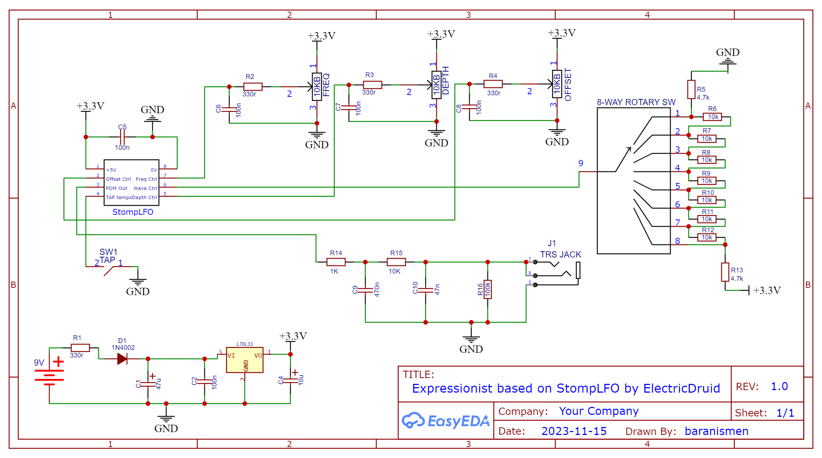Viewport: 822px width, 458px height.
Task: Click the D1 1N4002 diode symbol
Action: pyautogui.click(x=122, y=359)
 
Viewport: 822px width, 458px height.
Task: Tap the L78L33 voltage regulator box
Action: pyautogui.click(x=244, y=360)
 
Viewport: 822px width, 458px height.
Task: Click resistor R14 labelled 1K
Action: pyautogui.click(x=336, y=262)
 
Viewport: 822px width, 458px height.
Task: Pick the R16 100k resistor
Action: pyautogui.click(x=488, y=289)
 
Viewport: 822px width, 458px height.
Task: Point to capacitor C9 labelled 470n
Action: pyautogui.click(x=365, y=290)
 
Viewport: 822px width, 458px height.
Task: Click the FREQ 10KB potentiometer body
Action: pyautogui.click(x=316, y=87)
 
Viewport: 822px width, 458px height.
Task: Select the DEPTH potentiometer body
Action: pyautogui.click(x=436, y=85)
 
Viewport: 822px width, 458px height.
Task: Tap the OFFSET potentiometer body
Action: pyautogui.click(x=557, y=84)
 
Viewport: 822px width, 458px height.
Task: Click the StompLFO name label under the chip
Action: pyautogui.click(x=133, y=212)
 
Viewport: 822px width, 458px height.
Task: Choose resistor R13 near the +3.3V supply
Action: pyautogui.click(x=725, y=272)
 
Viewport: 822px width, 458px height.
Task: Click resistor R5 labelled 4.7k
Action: pyautogui.click(x=691, y=89)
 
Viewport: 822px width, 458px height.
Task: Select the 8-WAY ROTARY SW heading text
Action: pyautogui.click(x=636, y=102)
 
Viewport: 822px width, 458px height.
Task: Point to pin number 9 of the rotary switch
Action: pyautogui.click(x=581, y=163)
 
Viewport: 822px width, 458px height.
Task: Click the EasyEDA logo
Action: pyautogui.click(x=446, y=421)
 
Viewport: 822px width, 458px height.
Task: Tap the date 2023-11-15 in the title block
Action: pyautogui.click(x=574, y=431)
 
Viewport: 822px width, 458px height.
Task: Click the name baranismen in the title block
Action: pyautogui.click(x=716, y=431)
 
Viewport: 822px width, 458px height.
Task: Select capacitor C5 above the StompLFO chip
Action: pyautogui.click(x=122, y=137)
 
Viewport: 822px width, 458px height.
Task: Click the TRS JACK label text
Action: pyautogui.click(x=560, y=255)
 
